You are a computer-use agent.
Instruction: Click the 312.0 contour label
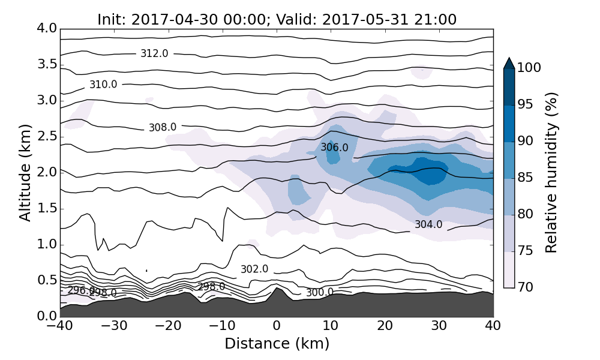[154, 53]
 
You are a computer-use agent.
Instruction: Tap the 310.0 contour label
[103, 85]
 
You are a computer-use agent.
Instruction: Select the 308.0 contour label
[163, 127]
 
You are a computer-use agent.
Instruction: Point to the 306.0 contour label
[334, 147]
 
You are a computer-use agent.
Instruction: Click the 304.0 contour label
[428, 224]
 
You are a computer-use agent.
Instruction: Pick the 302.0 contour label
[254, 269]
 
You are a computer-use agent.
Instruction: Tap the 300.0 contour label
[320, 293]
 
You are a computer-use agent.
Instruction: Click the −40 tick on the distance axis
[60, 327]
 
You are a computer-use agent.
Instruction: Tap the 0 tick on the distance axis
[277, 327]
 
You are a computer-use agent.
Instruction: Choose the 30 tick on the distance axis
[439, 327]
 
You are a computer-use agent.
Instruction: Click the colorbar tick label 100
[529, 68]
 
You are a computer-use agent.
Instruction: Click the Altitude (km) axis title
[25, 172]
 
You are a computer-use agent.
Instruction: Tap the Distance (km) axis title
[277, 344]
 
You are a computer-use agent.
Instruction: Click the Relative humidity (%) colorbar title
[551, 172]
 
